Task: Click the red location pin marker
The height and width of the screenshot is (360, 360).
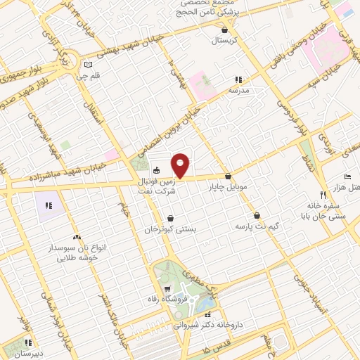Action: [x=181, y=165]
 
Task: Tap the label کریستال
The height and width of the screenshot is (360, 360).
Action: [x=226, y=40]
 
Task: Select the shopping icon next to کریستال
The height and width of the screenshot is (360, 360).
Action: [x=225, y=30]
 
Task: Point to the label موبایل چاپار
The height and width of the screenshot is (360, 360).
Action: [x=228, y=187]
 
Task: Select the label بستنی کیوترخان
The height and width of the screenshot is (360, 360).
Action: [x=170, y=229]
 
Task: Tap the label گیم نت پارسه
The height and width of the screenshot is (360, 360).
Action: [x=256, y=226]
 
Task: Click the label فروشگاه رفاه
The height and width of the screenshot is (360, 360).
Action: [x=168, y=300]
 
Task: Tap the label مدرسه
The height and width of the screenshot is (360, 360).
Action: [x=239, y=90]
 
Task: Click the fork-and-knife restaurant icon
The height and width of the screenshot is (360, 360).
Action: [x=323, y=194]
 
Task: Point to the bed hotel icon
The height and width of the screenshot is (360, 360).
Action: [x=347, y=176]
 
